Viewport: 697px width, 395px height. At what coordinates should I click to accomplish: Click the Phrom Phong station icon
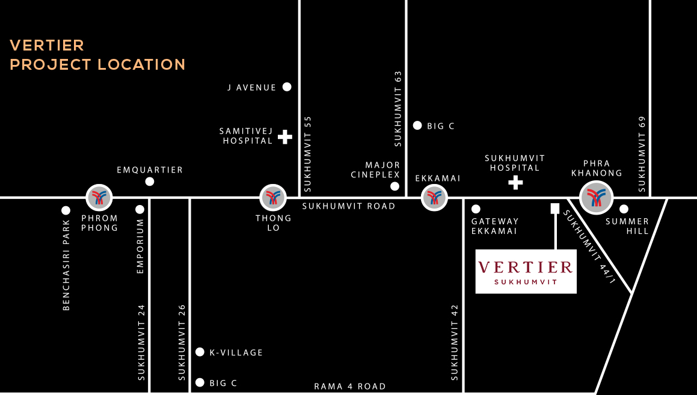(x=99, y=197)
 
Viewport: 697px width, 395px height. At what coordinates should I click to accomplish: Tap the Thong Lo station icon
(x=273, y=197)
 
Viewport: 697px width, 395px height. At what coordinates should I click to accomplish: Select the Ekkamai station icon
(x=434, y=197)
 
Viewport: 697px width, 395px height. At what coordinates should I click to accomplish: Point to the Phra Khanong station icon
(x=596, y=197)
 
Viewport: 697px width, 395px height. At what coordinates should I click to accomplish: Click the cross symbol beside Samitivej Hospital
(x=285, y=137)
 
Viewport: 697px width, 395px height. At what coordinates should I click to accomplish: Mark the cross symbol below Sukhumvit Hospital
(x=515, y=182)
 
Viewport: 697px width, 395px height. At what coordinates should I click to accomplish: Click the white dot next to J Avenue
(x=287, y=87)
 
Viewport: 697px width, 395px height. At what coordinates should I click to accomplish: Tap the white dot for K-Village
(x=200, y=352)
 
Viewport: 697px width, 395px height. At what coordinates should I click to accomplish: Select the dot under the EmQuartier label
(x=150, y=182)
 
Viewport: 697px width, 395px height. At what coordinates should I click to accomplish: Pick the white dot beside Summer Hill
(x=624, y=209)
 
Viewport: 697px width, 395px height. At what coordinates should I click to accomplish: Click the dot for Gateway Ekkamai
(x=476, y=209)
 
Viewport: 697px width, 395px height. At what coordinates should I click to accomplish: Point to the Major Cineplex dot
(x=395, y=186)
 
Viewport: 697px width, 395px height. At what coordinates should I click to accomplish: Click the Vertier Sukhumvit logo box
(x=526, y=271)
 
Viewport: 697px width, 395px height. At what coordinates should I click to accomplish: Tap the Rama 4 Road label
(x=350, y=387)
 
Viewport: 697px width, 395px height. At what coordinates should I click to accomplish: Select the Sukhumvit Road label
(x=349, y=206)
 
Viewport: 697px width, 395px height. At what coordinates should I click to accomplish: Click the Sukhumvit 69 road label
(x=642, y=155)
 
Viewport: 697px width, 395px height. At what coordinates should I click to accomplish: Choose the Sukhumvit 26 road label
(x=182, y=342)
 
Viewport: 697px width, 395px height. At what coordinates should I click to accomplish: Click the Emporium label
(x=140, y=246)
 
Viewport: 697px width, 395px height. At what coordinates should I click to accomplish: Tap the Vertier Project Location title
(x=97, y=55)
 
